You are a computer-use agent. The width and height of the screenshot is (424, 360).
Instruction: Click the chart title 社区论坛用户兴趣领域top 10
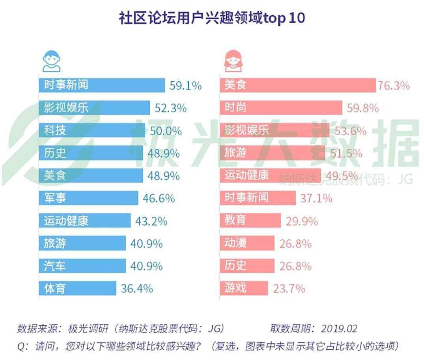pyautogui.click(x=212, y=18)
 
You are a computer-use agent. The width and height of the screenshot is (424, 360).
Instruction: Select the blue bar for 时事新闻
pyautogui.click(x=101, y=85)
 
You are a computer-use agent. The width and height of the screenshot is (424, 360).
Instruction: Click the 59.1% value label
pyautogui.click(x=186, y=85)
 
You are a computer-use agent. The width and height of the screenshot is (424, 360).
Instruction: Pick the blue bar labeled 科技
pyautogui.click(x=92, y=131)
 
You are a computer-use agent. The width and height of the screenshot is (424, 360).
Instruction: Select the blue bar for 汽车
pyautogui.click(x=82, y=266)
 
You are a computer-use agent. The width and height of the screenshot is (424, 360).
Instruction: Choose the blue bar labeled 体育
pyautogui.click(x=77, y=289)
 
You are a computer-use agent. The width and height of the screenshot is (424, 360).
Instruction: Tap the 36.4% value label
pyautogui.click(x=136, y=289)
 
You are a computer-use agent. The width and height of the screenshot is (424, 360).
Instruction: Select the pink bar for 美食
pyautogui.click(x=297, y=85)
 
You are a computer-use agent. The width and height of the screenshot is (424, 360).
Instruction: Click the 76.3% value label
pyautogui.click(x=394, y=85)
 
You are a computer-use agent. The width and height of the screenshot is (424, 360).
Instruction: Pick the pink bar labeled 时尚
pyautogui.click(x=280, y=108)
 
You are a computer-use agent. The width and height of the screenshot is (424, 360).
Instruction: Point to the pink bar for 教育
pyautogui.click(x=250, y=220)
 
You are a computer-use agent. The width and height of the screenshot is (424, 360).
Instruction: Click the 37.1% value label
pyautogui.click(x=316, y=198)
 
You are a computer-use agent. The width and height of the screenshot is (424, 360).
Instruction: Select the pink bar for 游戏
pyautogui.click(x=244, y=288)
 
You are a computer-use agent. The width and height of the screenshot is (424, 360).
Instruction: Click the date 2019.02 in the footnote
pyautogui.click(x=339, y=328)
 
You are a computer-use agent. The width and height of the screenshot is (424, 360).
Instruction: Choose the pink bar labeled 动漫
pyautogui.click(x=247, y=243)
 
